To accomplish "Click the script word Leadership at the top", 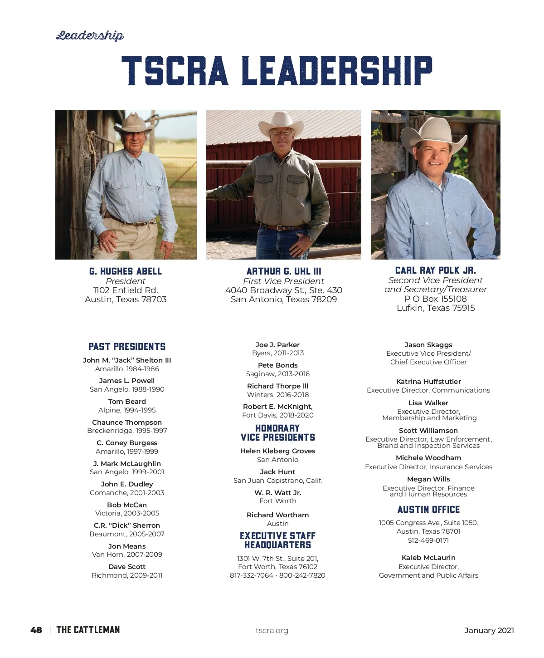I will (90, 35).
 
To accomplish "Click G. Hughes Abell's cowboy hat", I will (133, 123).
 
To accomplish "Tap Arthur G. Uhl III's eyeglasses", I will (282, 133).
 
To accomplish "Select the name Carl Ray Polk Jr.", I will (435, 270).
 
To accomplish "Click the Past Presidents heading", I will (127, 347).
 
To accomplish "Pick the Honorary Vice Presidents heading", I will (278, 433).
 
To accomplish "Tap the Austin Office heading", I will (428, 510).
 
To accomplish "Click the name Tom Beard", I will (127, 402).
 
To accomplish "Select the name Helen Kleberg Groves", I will (278, 451).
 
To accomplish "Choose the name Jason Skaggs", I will (428, 345).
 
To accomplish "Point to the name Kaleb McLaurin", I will (428, 558).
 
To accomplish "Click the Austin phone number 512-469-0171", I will (428, 540).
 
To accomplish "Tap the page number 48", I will (36, 630).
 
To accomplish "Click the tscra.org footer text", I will (272, 630).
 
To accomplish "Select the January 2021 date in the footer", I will (489, 630).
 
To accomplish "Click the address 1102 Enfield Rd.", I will (126, 290).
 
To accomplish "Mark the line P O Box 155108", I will (435, 299).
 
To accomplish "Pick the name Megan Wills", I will (428, 479).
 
